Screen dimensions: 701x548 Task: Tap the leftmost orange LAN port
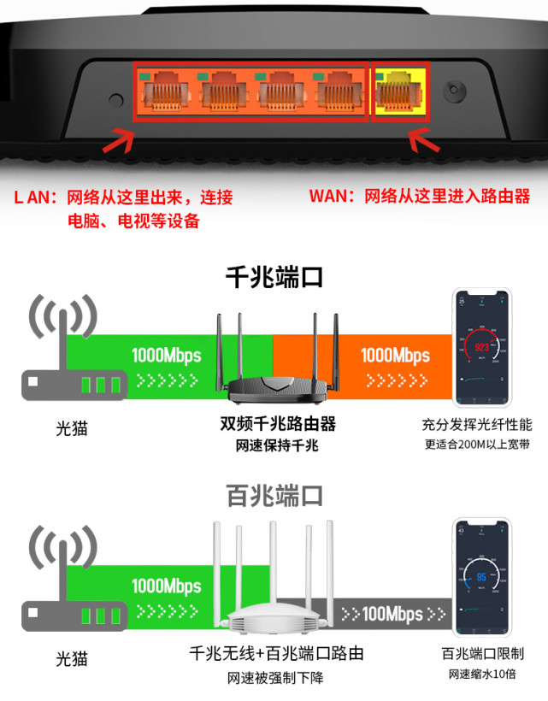click(x=165, y=91)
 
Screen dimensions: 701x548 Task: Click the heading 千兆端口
click(x=274, y=279)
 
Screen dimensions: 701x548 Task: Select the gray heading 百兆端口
click(x=274, y=495)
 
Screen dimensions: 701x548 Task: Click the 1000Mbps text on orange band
click(x=395, y=355)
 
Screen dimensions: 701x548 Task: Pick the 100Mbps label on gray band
click(x=392, y=613)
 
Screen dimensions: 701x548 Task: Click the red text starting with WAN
click(x=419, y=197)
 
